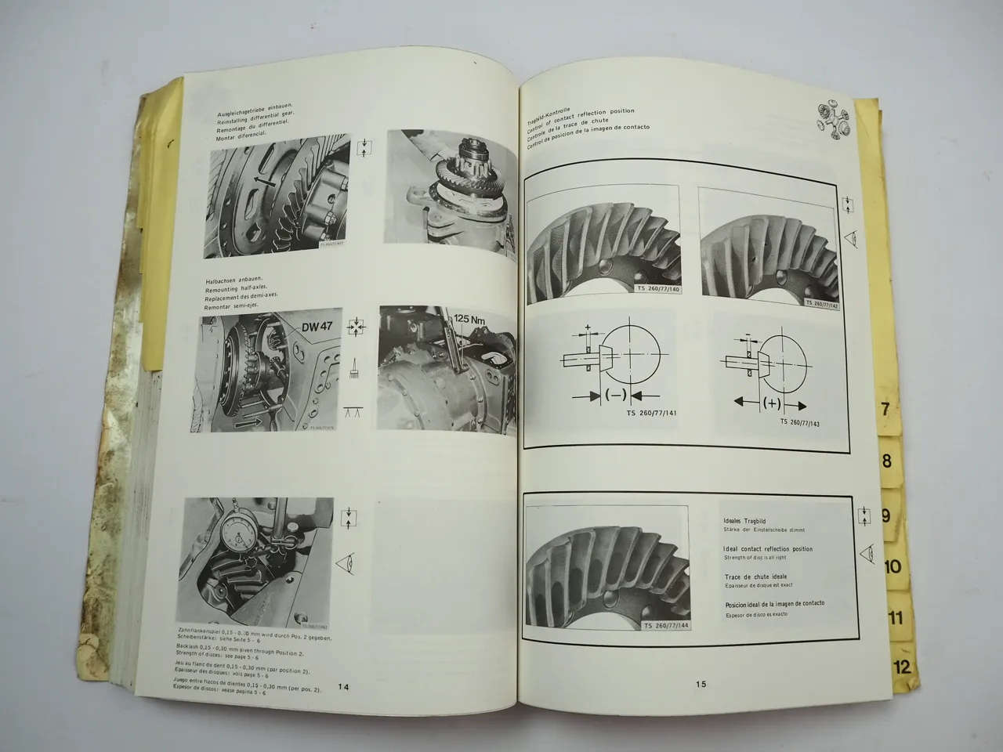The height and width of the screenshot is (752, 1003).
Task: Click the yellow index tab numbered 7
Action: point(885,409)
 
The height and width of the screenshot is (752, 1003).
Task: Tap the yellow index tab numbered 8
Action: point(887,461)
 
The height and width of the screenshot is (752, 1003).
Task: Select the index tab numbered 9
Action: point(885,515)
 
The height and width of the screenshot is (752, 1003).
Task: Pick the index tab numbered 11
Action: point(896,617)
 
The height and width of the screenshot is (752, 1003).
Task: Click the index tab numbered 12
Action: point(900,667)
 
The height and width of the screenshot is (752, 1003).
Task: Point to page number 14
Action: point(343,686)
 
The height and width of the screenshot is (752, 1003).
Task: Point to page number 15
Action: point(701,684)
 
